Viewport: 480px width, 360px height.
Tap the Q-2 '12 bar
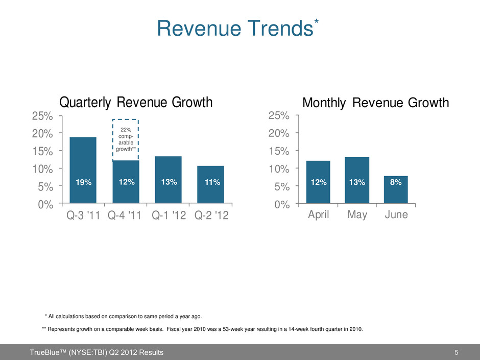pyautogui.click(x=210, y=184)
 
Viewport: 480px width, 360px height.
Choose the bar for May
pyautogui.click(x=357, y=180)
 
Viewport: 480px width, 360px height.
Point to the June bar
pyautogui.click(x=396, y=189)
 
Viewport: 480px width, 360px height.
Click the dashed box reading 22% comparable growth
pyautogui.click(x=126, y=140)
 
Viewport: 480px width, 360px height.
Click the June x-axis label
pyautogui.click(x=396, y=215)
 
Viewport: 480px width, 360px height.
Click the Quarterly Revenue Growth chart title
pyautogui.click(x=136, y=103)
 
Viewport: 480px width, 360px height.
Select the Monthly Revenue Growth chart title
pyautogui.click(x=375, y=103)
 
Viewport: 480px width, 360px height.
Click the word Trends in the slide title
pyautogui.click(x=279, y=29)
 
